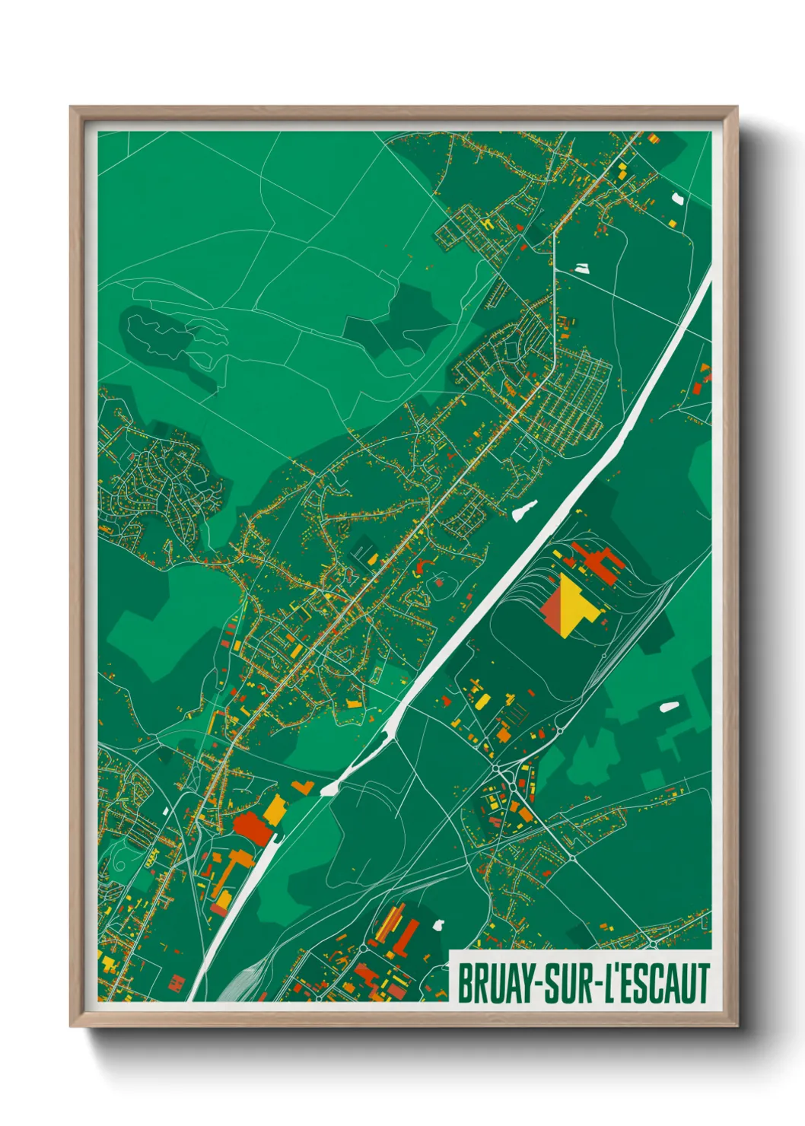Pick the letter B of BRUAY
coord(463,984)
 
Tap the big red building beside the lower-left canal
coord(252,828)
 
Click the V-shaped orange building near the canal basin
coord(302,787)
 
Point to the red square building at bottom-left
coord(176,982)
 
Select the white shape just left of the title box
coord(438,925)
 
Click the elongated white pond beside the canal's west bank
coord(524,510)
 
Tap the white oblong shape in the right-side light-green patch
coord(668,707)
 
